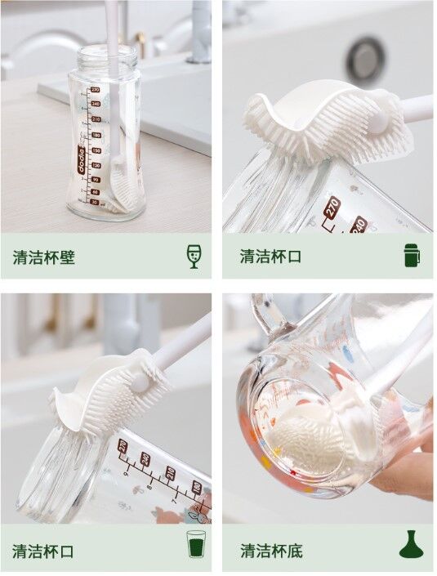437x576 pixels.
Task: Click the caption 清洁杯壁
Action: [44, 257]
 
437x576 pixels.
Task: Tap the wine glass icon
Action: [194, 256]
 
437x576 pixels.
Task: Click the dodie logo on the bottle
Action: [82, 159]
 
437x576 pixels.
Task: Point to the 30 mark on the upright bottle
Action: [95, 202]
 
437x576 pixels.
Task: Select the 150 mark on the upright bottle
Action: [96, 150]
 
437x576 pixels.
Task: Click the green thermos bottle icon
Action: [412, 255]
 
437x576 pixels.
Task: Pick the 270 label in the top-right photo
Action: [332, 208]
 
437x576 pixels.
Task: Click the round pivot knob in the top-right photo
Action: [377, 122]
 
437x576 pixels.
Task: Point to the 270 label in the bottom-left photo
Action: [123, 447]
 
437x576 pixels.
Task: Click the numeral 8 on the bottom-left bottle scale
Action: [149, 488]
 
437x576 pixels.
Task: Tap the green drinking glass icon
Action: [196, 543]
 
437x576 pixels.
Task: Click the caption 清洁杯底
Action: [271, 551]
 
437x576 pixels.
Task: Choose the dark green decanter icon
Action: [412, 544]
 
